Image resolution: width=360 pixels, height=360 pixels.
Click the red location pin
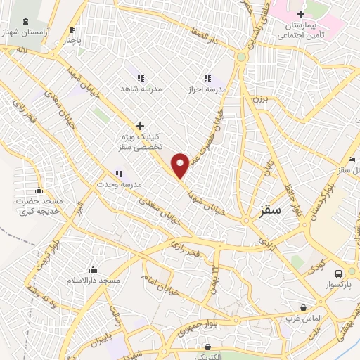click(x=181, y=165)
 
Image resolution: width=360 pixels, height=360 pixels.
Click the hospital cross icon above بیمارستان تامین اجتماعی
click(x=300, y=14)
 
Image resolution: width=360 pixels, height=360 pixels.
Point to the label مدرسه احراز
click(x=207, y=90)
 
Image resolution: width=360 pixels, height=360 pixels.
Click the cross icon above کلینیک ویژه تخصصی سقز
click(x=140, y=125)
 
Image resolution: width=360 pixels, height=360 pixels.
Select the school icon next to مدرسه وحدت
click(x=120, y=174)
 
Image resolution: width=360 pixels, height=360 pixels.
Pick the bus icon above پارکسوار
click(x=339, y=274)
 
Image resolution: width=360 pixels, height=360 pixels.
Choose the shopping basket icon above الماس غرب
click(x=303, y=307)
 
